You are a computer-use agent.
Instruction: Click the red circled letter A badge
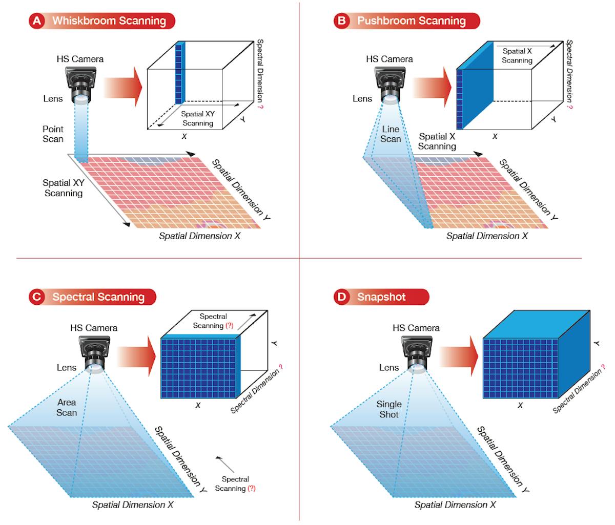[36, 21]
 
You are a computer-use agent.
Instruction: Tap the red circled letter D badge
[341, 297]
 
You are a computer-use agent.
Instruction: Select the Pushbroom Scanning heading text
[411, 21]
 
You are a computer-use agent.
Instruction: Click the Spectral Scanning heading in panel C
[98, 297]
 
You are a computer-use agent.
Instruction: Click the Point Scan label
[53, 134]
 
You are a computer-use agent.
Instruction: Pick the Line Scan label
[391, 134]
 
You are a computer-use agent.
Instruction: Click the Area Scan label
[67, 407]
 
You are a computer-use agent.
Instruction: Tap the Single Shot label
[389, 409]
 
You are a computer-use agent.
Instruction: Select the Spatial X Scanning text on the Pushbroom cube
[517, 55]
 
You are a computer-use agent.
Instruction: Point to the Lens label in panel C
[67, 367]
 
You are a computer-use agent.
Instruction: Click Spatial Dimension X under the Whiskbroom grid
[199, 236]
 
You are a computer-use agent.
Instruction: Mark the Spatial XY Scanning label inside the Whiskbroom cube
[198, 118]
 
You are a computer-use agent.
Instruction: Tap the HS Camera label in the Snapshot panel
[416, 328]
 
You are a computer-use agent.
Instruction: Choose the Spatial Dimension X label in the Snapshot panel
[455, 505]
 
